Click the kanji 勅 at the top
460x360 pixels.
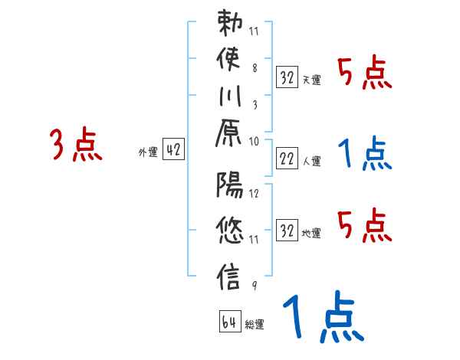coord(231,27)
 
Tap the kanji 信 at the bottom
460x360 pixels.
coord(231,274)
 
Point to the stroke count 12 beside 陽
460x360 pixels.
coord(255,194)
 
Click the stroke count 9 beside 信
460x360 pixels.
coord(254,284)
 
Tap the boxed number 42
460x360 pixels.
coord(172,151)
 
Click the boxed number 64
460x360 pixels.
coord(229,322)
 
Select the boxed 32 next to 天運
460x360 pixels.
coord(287,77)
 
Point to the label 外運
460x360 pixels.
coord(147,152)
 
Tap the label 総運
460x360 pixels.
coord(254,324)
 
